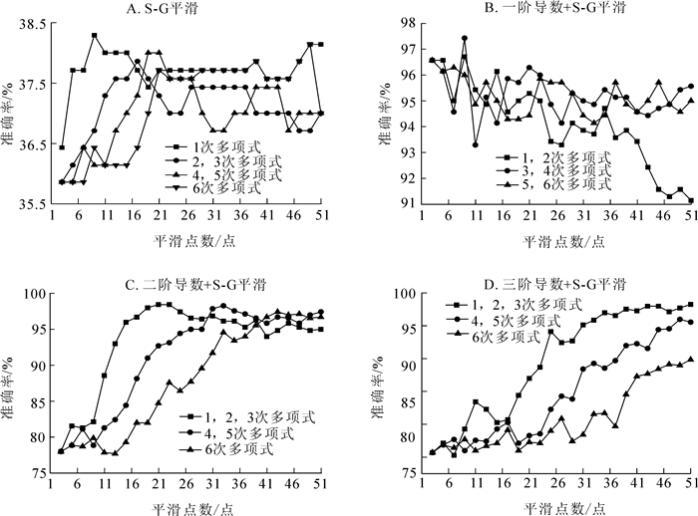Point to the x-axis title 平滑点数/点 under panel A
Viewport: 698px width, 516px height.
tap(190, 241)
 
